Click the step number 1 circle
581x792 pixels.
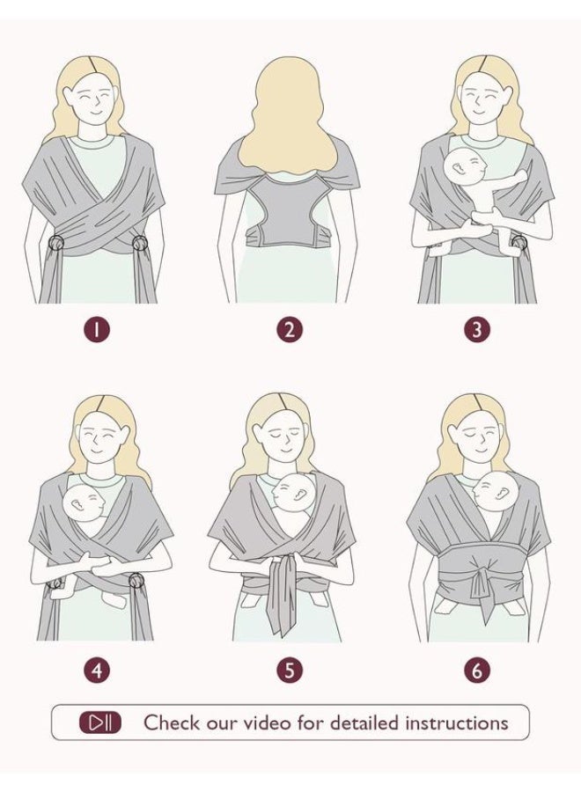click(x=97, y=330)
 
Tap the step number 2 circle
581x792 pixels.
click(x=289, y=330)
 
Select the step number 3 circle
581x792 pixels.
click(x=477, y=330)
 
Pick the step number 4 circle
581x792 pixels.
click(x=97, y=671)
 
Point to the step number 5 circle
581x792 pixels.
click(x=289, y=671)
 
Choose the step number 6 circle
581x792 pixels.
click(x=477, y=671)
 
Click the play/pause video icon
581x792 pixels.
click(x=100, y=722)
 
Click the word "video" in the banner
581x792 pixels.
click(x=268, y=722)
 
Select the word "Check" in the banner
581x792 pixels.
click(x=168, y=722)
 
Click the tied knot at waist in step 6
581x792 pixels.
click(x=482, y=576)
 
